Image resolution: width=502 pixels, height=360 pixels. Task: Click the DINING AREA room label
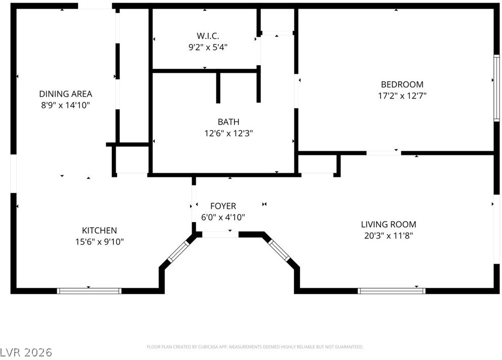coord(66,94)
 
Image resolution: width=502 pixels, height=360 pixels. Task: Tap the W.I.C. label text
coord(208,35)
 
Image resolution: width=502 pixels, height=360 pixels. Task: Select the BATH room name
coord(229,122)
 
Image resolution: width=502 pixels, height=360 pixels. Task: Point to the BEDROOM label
coord(402,84)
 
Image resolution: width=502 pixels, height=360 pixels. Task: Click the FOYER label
coord(223,206)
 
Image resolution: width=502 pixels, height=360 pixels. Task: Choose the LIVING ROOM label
coord(389,224)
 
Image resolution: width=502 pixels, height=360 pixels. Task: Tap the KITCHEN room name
coord(100,231)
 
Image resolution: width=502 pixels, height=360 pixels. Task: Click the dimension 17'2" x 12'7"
coord(402,96)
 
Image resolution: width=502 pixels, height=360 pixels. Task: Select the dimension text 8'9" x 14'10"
coord(66,105)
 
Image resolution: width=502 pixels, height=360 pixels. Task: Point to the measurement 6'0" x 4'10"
coord(223,217)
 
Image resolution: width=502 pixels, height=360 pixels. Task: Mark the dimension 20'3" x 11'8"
coord(389,236)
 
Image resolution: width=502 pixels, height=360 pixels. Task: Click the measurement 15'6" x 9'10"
coord(100,242)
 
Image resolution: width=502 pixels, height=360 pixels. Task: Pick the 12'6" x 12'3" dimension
coord(229,133)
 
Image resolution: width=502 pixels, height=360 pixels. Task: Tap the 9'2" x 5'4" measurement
coord(208,48)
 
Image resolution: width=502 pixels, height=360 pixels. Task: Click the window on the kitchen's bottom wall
coord(90,291)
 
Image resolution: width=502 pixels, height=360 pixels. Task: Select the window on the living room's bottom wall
coord(392,291)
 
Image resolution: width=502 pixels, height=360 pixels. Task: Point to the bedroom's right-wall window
coord(496,88)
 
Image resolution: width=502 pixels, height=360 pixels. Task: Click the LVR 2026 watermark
coord(26,352)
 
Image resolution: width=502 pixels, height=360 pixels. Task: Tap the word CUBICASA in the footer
coord(208,347)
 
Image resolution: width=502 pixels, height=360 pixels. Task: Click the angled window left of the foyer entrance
coord(179,251)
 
